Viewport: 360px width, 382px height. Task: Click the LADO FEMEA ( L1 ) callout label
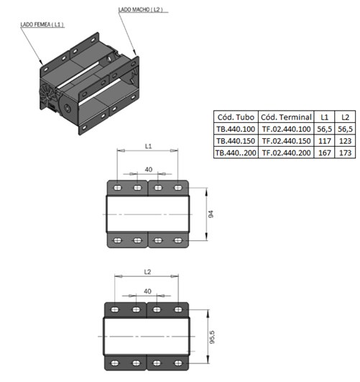42,24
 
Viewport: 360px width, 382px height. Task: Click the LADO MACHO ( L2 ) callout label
140,9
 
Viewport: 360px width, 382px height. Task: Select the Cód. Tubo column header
236,117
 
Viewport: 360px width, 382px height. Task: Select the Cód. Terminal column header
286,117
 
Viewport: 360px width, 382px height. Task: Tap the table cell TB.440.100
236,129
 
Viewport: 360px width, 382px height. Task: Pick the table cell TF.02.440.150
286,141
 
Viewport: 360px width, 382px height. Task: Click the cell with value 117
325,141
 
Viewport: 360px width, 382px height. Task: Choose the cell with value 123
345,141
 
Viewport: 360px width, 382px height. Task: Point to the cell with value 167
325,153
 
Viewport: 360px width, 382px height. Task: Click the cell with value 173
345,153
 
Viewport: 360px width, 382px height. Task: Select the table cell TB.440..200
236,153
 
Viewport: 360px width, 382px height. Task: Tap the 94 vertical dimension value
211,214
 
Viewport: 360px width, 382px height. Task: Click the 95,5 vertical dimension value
212,337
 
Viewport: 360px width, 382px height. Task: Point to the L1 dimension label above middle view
148,146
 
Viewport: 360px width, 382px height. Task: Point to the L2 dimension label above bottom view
147,272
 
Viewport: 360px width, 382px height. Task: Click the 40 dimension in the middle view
149,169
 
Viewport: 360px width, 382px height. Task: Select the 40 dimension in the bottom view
147,291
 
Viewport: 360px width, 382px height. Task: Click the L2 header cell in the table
345,117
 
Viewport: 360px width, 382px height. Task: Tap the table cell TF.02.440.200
286,153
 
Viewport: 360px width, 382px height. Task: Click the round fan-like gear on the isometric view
47,94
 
